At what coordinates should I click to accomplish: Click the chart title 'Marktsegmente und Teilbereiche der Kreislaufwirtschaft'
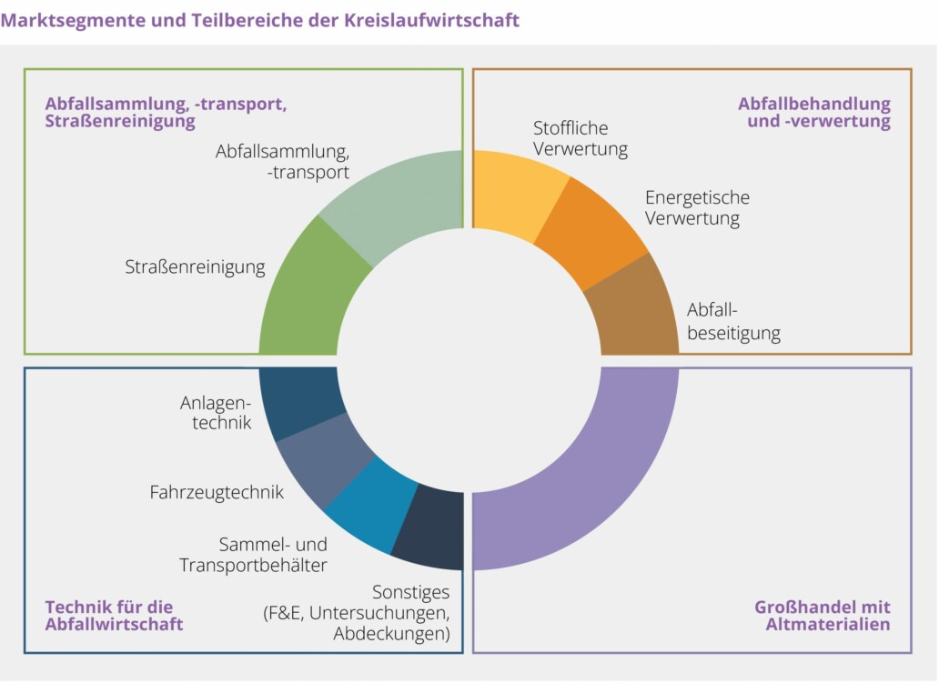[260, 20]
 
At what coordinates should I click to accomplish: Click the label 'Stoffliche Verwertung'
[581, 138]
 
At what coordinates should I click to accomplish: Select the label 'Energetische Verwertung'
[697, 207]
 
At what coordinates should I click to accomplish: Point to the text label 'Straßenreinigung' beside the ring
[195, 267]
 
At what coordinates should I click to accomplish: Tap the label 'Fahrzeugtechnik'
[217, 492]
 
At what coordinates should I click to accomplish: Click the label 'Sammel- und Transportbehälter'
[253, 555]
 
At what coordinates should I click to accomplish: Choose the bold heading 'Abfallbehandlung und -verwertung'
[813, 112]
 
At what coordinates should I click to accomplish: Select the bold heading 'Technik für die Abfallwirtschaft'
[114, 616]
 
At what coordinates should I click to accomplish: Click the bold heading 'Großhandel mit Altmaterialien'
[822, 616]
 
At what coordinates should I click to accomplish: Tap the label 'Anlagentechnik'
[216, 412]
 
